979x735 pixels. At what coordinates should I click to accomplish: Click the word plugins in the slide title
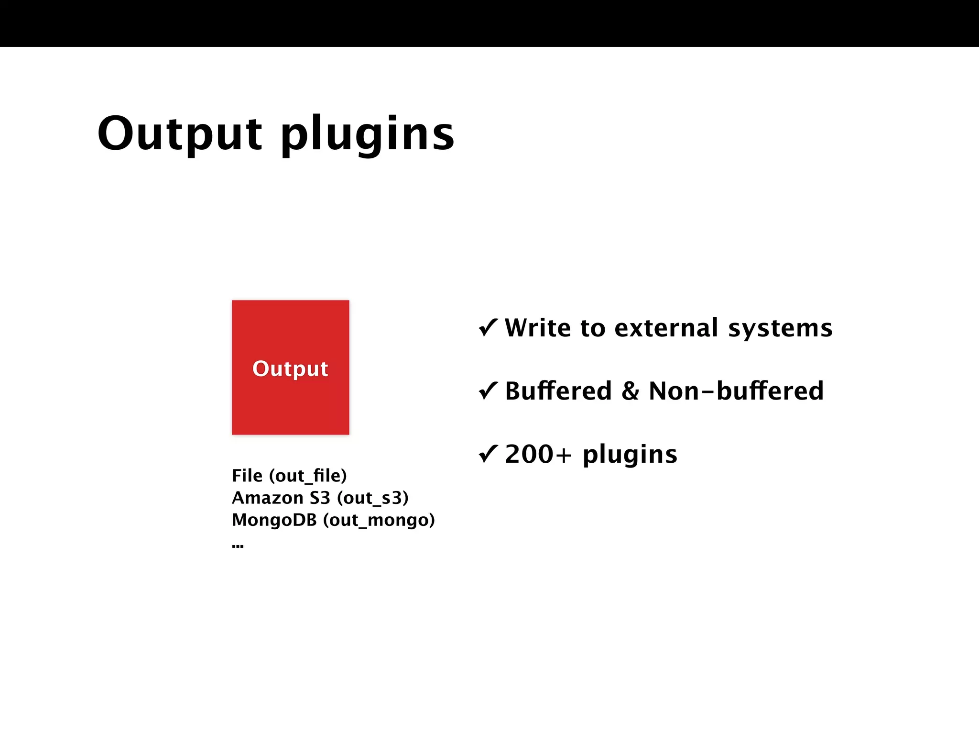[367, 136]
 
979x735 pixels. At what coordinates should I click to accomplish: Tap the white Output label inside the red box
[290, 368]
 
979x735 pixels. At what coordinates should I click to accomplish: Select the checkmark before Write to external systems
[488, 328]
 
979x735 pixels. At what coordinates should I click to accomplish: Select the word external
[666, 328]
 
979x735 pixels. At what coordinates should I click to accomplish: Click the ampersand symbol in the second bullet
[630, 391]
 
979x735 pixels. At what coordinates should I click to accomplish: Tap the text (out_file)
[308, 476]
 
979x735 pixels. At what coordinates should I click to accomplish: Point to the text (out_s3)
[373, 498]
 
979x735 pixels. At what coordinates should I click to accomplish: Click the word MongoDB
[274, 520]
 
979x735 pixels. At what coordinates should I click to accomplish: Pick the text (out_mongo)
[379, 520]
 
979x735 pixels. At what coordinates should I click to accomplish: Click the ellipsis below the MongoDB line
[238, 546]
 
